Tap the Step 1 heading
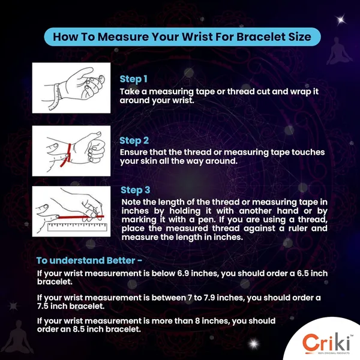[133, 79]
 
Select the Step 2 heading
[134, 141]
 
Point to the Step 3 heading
[136, 190]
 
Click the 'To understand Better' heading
[89, 260]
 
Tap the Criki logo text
[326, 342]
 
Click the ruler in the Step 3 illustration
[77, 227]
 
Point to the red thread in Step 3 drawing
[80, 217]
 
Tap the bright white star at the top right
[341, 20]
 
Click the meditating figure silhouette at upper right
[339, 52]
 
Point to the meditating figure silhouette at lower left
[18, 337]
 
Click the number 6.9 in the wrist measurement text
[183, 273]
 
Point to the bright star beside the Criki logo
[254, 344]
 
